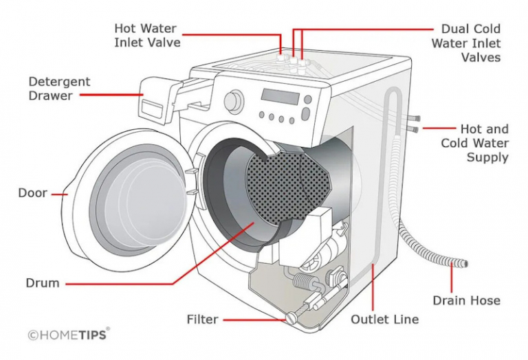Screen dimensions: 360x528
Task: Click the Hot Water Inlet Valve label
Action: point(146,35)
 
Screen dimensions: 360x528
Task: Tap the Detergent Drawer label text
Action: point(59,89)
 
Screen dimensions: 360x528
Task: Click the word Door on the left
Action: point(32,193)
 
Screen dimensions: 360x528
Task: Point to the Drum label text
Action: point(43,282)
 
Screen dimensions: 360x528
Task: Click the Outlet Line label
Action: point(384,319)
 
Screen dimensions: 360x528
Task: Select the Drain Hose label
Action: point(466,300)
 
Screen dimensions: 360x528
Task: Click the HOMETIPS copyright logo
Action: point(68,335)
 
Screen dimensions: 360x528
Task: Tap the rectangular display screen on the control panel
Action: point(280,97)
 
